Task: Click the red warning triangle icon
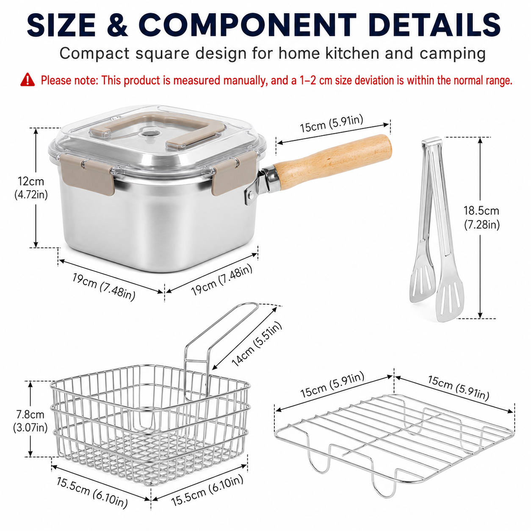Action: [28, 80]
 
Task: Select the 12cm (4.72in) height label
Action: [31, 188]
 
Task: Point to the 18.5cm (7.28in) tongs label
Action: [481, 218]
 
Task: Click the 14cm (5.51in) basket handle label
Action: [257, 344]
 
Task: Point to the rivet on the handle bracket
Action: [251, 195]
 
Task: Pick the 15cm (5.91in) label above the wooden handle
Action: [332, 124]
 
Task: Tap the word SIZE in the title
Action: [61, 25]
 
